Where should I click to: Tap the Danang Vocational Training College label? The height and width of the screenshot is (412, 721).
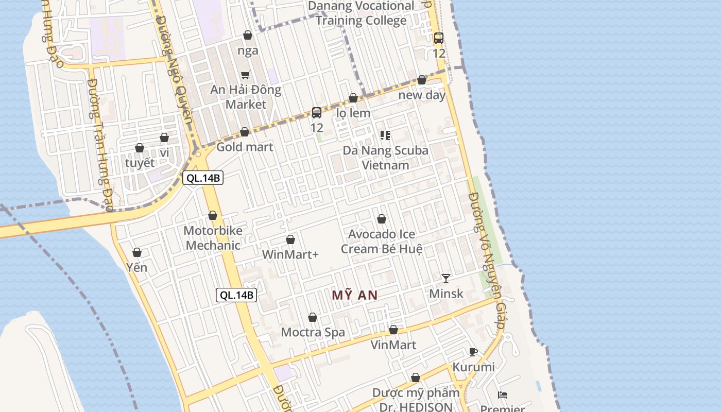pyautogui.click(x=361, y=13)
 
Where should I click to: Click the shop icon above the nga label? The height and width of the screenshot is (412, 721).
pyautogui.click(x=248, y=35)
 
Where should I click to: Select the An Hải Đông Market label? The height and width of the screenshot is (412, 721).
pyautogui.click(x=246, y=97)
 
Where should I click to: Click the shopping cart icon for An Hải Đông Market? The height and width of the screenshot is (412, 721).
pyautogui.click(x=246, y=75)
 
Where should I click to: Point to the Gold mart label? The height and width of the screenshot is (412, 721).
pyautogui.click(x=245, y=147)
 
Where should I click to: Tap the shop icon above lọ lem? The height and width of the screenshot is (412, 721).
pyautogui.click(x=353, y=98)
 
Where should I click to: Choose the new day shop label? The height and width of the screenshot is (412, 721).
pyautogui.click(x=422, y=95)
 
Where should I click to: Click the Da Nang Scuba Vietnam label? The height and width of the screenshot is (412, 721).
pyautogui.click(x=385, y=158)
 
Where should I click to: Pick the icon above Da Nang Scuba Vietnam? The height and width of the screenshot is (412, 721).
pyautogui.click(x=385, y=135)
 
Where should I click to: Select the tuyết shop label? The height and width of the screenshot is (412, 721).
pyautogui.click(x=140, y=163)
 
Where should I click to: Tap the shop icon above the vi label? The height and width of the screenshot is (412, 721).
pyautogui.click(x=164, y=138)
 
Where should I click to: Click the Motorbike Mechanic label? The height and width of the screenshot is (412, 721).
pyautogui.click(x=213, y=238)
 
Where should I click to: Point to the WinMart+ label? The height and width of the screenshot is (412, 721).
pyautogui.click(x=290, y=255)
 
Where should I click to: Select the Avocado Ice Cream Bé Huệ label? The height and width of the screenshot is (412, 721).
pyautogui.click(x=382, y=242)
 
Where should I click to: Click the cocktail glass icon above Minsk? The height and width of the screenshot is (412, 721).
pyautogui.click(x=446, y=279)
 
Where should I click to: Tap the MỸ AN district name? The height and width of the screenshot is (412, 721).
pyautogui.click(x=355, y=296)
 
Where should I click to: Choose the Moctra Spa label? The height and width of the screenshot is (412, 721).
pyautogui.click(x=313, y=333)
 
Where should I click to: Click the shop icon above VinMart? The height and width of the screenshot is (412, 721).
pyautogui.click(x=393, y=330)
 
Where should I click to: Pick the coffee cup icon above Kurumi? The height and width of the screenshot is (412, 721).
pyautogui.click(x=473, y=352)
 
